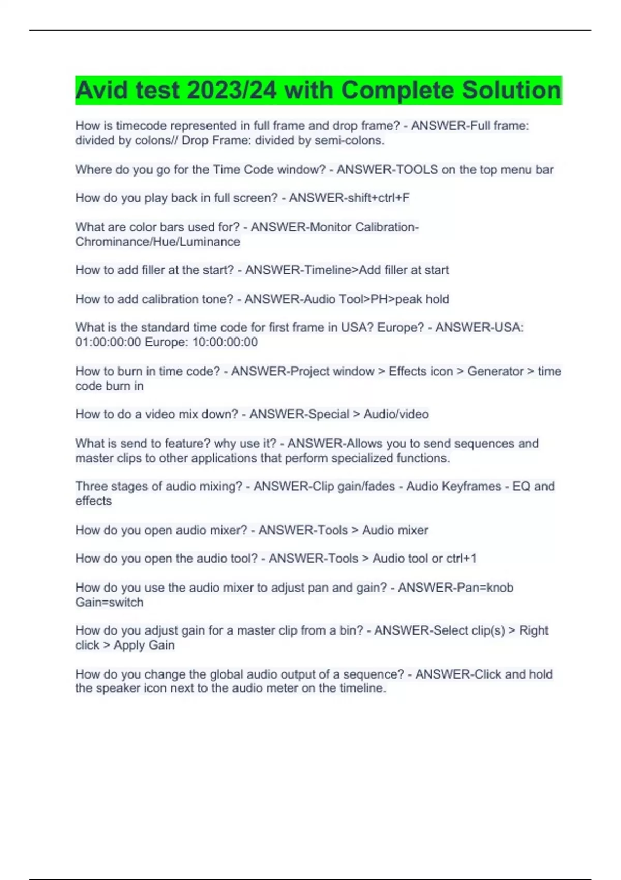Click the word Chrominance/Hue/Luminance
[157, 242]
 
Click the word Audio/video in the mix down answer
[396, 414]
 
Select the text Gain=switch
[109, 603]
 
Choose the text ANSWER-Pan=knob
[455, 588]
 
